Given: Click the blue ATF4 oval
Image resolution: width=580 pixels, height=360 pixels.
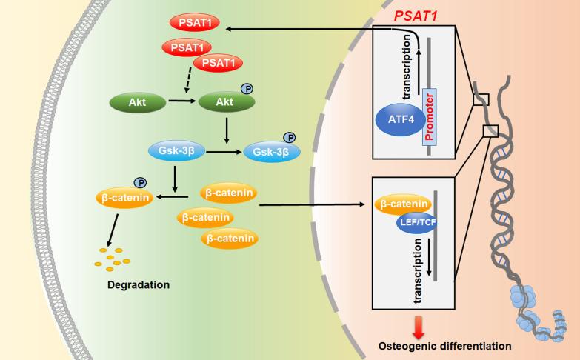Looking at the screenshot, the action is click(x=401, y=119).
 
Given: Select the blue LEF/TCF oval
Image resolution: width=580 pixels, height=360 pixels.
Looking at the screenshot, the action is click(x=416, y=222).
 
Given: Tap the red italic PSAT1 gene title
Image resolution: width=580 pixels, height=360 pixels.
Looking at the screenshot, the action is click(x=416, y=16).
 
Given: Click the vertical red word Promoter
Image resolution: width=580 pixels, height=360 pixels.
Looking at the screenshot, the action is click(x=429, y=117).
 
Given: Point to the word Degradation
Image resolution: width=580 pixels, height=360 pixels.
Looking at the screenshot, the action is click(x=139, y=285).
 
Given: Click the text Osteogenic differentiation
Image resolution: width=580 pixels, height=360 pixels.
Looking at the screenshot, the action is click(x=445, y=347).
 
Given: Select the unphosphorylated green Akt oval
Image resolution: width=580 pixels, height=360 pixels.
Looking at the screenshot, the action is click(x=138, y=102).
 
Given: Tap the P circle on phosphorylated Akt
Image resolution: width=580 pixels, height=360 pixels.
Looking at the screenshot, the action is click(x=247, y=89).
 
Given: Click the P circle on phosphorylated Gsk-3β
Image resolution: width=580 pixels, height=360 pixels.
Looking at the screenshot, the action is click(x=290, y=138).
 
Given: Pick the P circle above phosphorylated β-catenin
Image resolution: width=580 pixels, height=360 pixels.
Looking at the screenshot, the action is click(x=140, y=182).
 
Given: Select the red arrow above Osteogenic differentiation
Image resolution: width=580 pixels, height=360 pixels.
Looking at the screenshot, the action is click(x=419, y=327).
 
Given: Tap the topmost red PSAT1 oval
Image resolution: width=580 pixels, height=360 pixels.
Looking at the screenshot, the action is click(x=195, y=23).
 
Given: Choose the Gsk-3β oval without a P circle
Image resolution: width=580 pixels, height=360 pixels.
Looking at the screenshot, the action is click(x=176, y=151).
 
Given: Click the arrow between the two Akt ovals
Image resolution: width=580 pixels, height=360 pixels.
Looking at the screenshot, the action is click(x=182, y=100).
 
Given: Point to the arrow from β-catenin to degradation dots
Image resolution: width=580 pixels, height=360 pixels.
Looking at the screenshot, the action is click(x=113, y=230).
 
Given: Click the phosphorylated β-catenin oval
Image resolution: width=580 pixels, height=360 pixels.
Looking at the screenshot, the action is click(x=124, y=198).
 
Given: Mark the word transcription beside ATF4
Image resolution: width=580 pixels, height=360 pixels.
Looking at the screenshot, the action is click(x=407, y=67).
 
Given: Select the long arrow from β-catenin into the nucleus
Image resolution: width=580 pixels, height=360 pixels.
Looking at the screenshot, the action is click(x=312, y=204).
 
